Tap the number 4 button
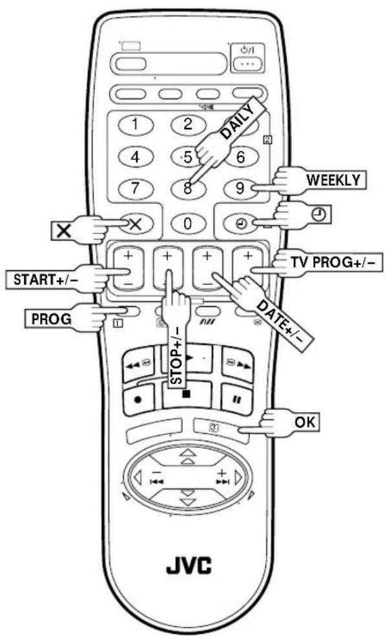pyautogui.click(x=136, y=157)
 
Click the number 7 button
pyautogui.click(x=136, y=189)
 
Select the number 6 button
pyautogui.click(x=242, y=157)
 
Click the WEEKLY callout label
pyautogui.click(x=333, y=180)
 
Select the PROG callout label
pyautogui.click(x=52, y=319)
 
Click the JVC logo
pyautogui.click(x=189, y=565)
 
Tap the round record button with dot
pyautogui.click(x=138, y=398)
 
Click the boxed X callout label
pyautogui.click(x=63, y=230)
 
